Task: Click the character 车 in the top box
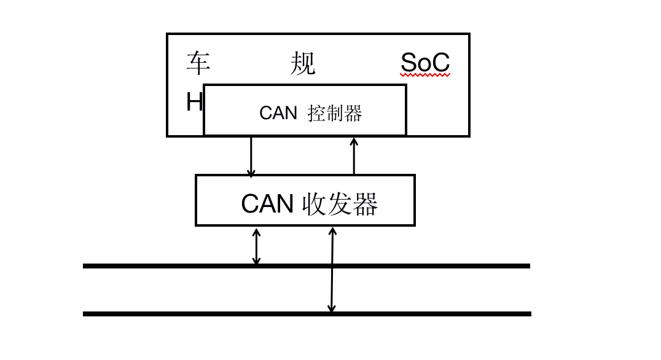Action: (198, 63)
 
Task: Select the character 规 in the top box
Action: (303, 63)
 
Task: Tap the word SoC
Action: (425, 63)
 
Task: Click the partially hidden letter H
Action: (195, 103)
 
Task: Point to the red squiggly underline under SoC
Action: (425, 75)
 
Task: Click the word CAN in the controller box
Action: (278, 113)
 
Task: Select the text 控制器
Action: (335, 113)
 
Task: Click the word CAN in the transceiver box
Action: (267, 204)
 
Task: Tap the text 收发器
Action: (340, 204)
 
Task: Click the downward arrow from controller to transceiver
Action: (251, 156)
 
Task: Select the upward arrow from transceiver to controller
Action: (354, 156)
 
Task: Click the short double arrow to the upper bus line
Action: (257, 247)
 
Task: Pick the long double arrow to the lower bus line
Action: (332, 270)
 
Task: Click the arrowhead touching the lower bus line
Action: (331, 308)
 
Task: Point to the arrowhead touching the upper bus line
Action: (257, 260)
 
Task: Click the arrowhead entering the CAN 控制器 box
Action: (354, 141)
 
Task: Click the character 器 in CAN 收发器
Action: (366, 204)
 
